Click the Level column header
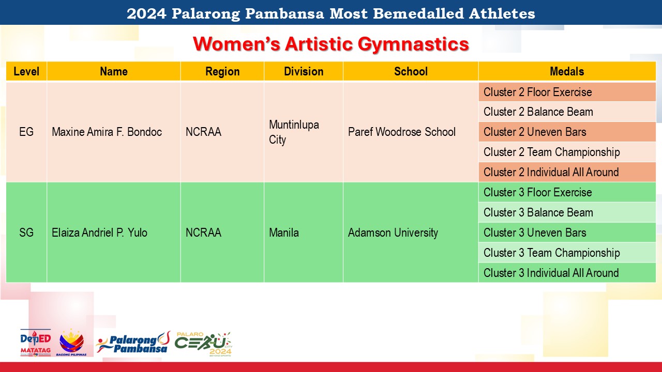pos(26,71)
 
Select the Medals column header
pos(567,71)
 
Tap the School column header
pos(411,71)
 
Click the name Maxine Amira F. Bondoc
pos(107,132)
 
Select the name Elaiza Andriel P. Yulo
pos(99,233)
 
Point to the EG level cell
pos(26,132)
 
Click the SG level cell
pos(26,233)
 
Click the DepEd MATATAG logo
pos(36,343)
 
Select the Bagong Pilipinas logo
pos(71,343)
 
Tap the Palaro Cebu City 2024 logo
pos(204,344)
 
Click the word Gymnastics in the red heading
pos(413,44)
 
